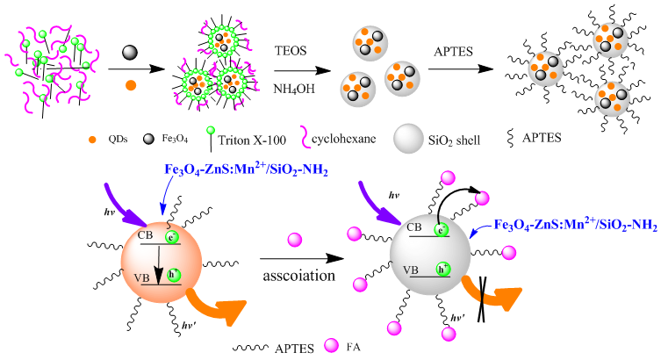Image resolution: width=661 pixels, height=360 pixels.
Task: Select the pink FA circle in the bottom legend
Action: point(332,348)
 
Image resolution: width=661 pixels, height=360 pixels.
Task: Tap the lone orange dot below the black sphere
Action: point(129,85)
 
